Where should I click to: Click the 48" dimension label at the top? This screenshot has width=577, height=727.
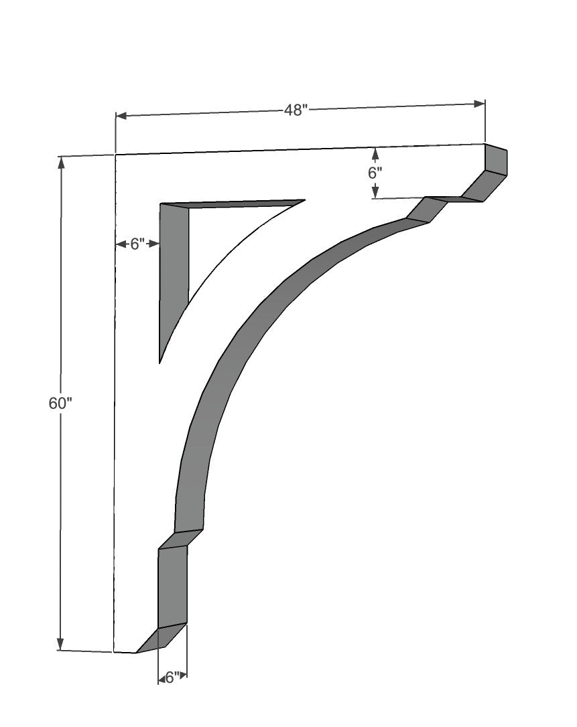(295, 110)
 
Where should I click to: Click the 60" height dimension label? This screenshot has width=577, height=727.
(60, 404)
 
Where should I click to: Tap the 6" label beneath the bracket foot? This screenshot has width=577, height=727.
(172, 677)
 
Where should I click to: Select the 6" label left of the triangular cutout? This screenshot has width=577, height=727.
(137, 244)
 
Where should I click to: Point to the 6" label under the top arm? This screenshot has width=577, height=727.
(375, 172)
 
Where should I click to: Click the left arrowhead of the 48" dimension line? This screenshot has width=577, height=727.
(121, 116)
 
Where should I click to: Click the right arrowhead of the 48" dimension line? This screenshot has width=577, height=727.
(479, 104)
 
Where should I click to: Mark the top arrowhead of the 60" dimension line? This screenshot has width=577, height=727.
(62, 163)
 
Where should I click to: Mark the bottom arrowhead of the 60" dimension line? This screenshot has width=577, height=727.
(61, 644)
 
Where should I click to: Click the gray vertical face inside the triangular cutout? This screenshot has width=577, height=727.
(174, 274)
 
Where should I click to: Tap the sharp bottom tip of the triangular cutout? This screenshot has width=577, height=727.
(159, 362)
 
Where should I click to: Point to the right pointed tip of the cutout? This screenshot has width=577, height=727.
(304, 200)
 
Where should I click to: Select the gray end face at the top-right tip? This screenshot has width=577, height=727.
(496, 159)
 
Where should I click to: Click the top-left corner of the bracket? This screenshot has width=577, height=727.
(116, 155)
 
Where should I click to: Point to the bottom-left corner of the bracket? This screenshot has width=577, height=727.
(115, 651)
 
